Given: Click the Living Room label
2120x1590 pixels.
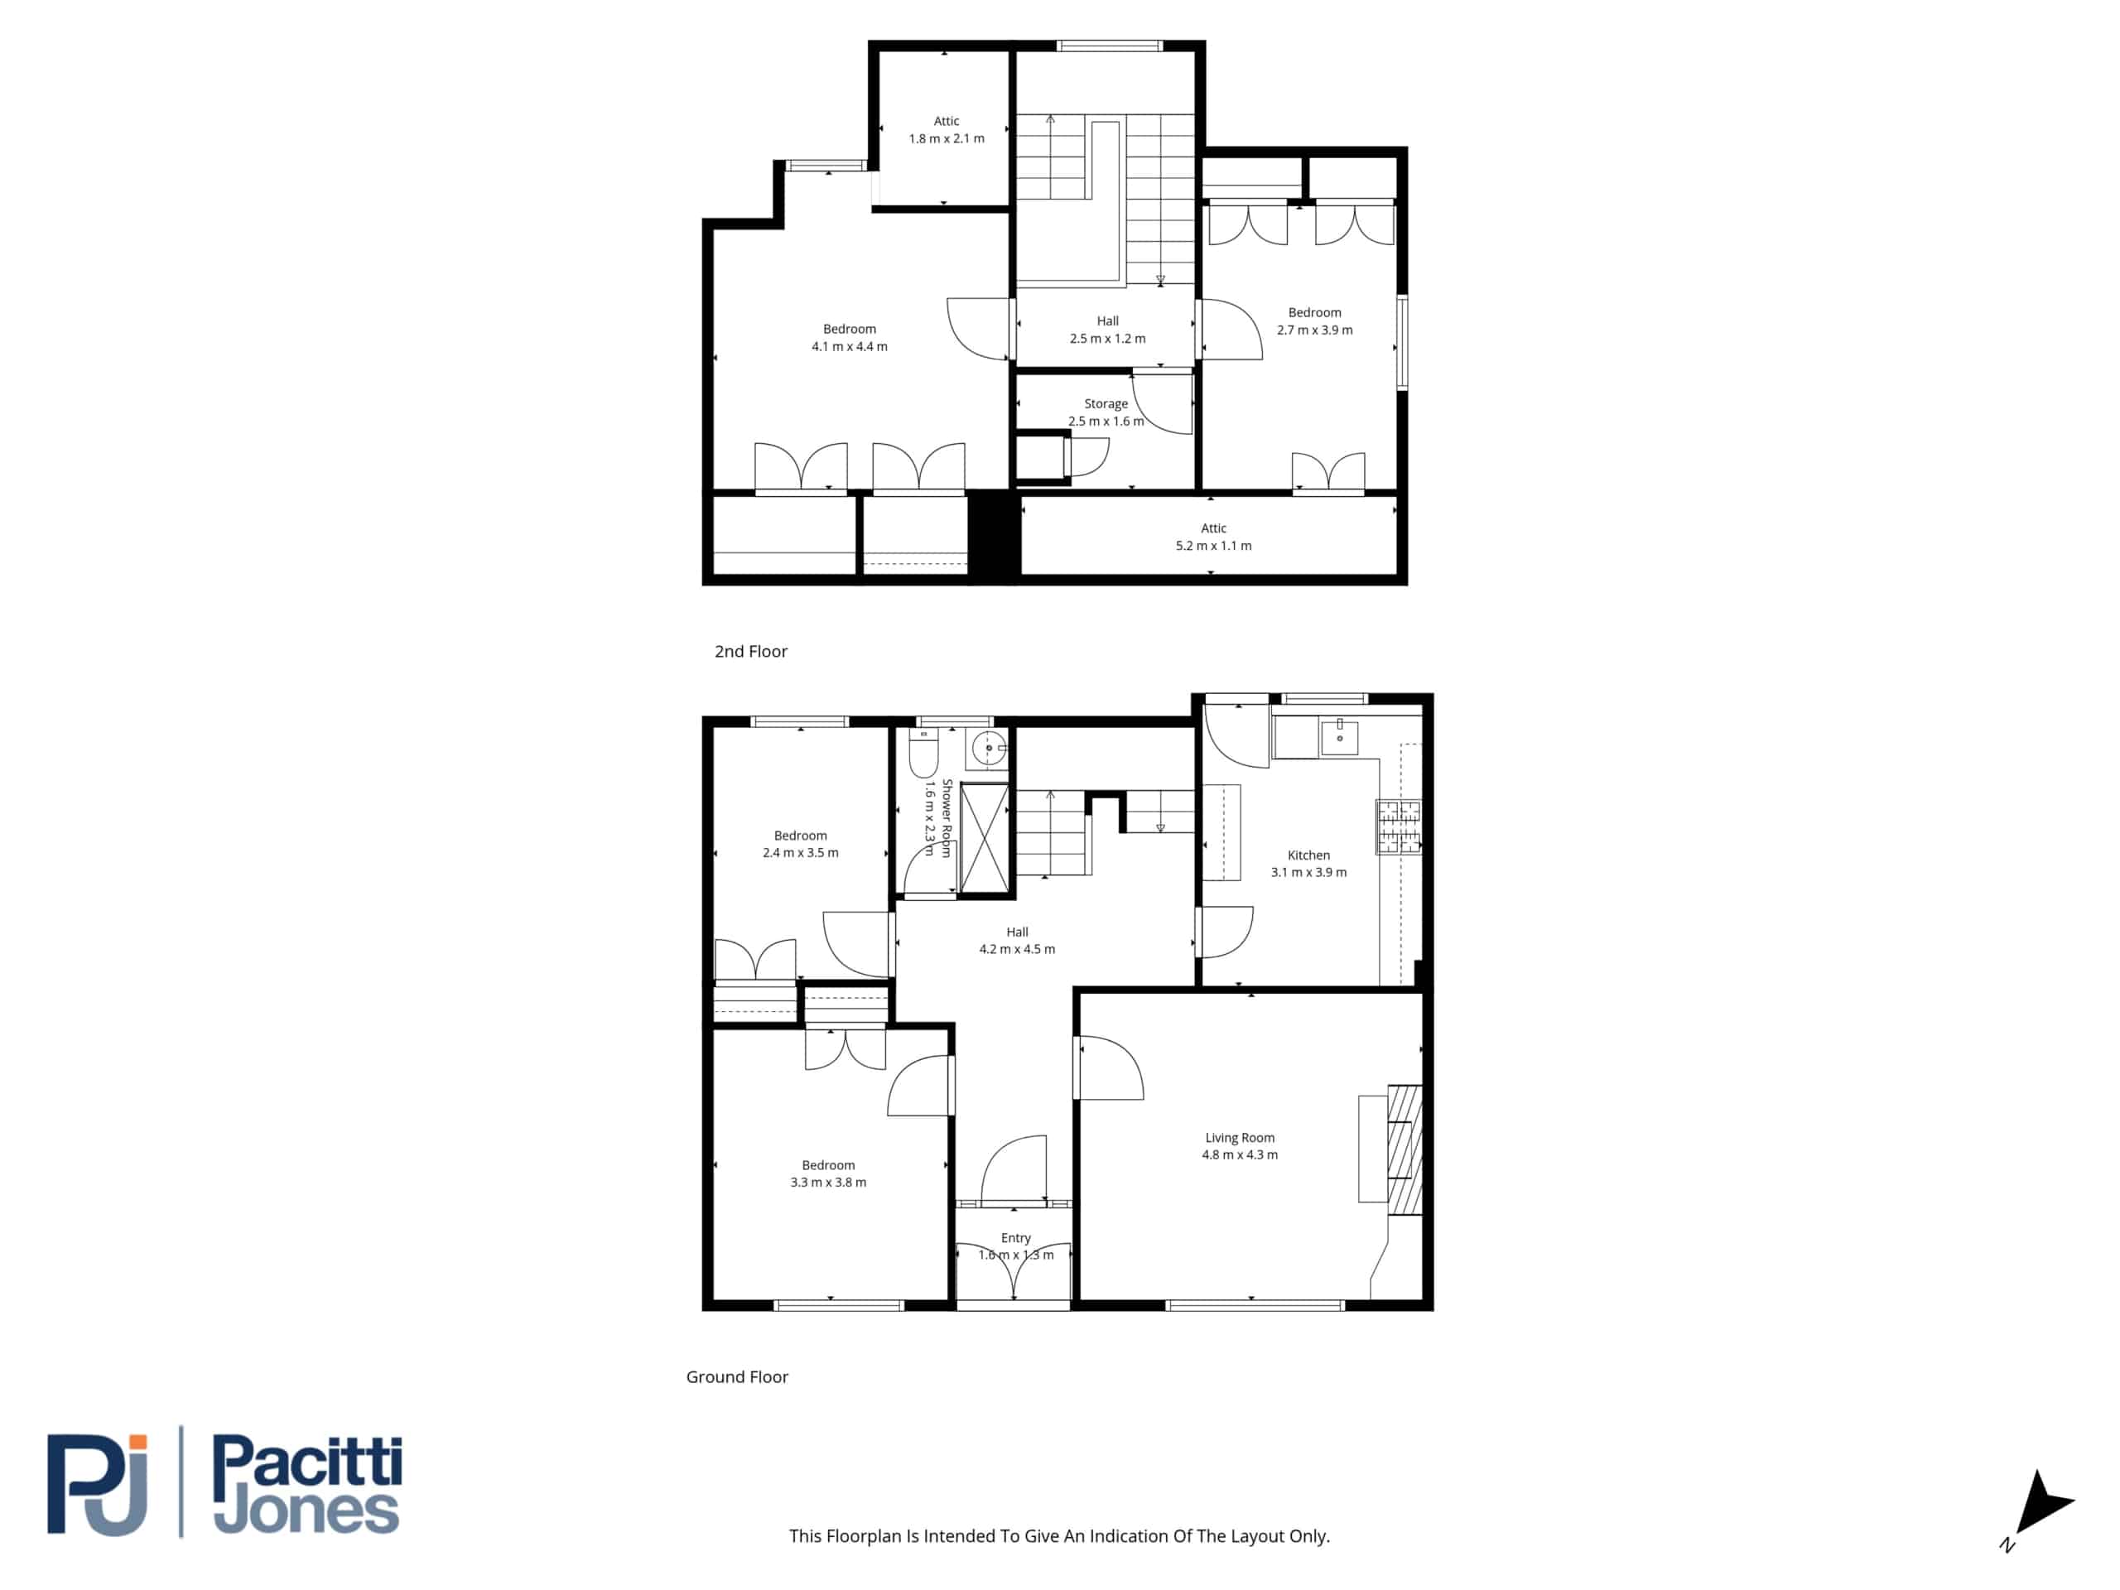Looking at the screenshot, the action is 1239,1138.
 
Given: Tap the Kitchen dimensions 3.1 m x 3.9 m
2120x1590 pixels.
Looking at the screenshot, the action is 1308,872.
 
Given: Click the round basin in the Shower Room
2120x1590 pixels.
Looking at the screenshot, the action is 988,748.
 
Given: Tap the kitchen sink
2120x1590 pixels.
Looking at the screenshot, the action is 1339,737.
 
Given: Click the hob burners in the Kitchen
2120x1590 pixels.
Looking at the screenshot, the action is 1399,826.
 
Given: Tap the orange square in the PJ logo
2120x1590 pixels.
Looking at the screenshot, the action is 138,1443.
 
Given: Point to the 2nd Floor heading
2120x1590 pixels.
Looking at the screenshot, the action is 750,652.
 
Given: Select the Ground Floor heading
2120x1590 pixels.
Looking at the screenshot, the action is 737,1377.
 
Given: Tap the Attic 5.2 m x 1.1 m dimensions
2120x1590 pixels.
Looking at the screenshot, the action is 1213,546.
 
